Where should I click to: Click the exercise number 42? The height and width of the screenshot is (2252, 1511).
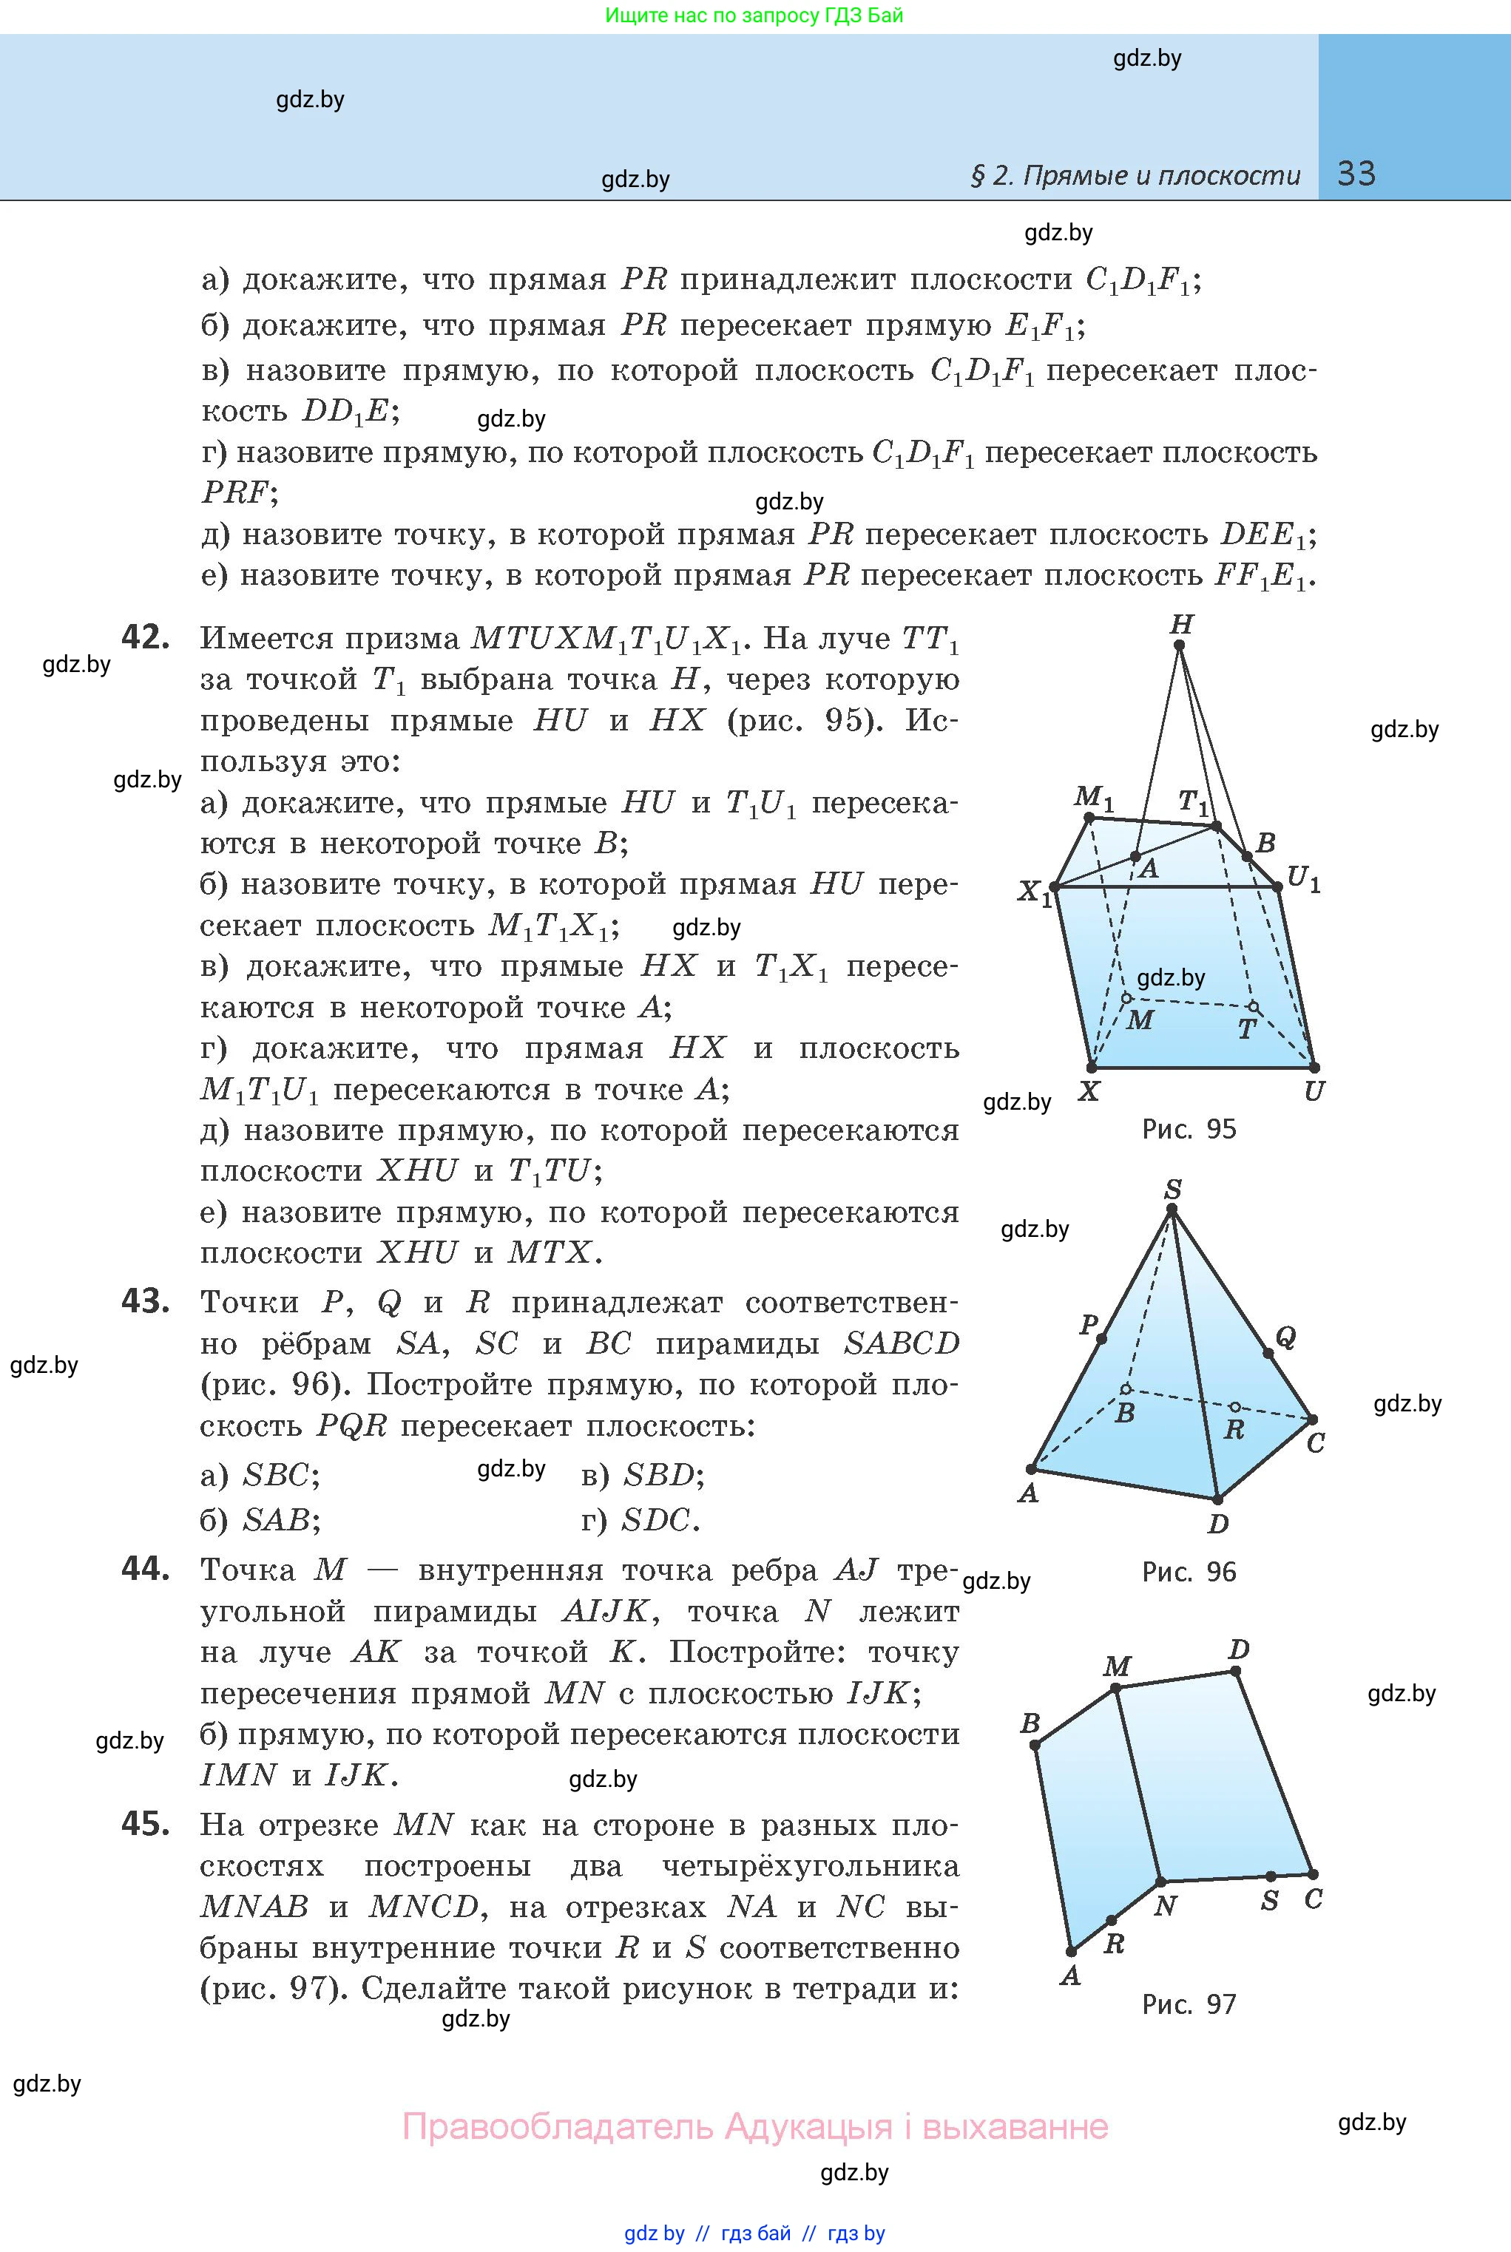point(146,637)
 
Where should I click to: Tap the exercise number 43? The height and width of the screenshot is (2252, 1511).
point(146,1301)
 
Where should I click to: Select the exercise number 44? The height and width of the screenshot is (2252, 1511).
point(146,1569)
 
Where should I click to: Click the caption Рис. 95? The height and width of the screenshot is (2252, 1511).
point(1189,1129)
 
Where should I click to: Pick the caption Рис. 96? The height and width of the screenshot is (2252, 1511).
point(1189,1572)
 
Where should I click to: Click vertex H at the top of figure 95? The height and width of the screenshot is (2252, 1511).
point(1180,645)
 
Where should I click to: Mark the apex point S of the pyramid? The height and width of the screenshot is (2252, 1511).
point(1172,1211)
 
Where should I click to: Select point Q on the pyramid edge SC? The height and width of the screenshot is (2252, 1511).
point(1268,1353)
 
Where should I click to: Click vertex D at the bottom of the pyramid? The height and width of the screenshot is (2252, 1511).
point(1218,1499)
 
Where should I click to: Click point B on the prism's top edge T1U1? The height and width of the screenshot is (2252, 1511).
point(1247,856)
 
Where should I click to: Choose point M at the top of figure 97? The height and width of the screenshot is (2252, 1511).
point(1116,1688)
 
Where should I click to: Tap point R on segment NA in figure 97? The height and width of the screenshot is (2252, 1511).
point(1112,1921)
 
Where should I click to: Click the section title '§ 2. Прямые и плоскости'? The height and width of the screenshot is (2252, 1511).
point(1135,175)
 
